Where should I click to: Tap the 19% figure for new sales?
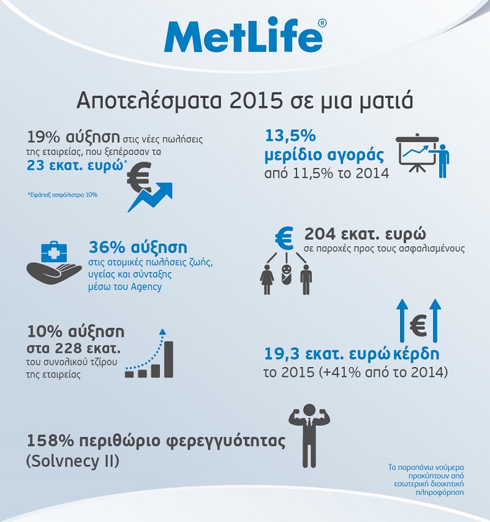[x=43, y=137]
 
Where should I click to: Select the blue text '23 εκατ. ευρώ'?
[x=75, y=165]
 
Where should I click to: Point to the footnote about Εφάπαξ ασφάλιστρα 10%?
[x=62, y=194]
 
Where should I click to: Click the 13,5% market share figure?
[x=290, y=137]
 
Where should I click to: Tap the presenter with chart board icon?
[x=423, y=156]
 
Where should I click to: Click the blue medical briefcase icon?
[x=56, y=252]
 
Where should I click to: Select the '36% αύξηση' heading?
[x=138, y=248]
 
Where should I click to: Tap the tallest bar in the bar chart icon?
[x=167, y=358]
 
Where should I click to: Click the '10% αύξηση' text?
[x=76, y=332]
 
